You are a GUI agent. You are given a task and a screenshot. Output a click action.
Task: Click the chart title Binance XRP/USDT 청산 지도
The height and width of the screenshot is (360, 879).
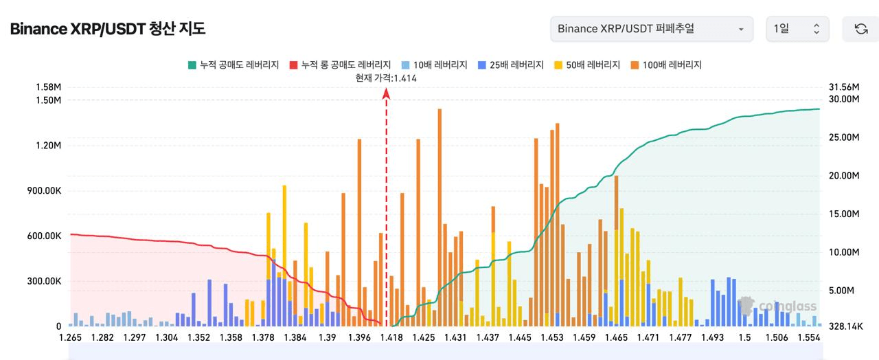pos(107,29)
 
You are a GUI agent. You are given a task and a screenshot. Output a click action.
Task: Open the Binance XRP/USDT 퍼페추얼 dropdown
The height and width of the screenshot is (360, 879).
pos(651,29)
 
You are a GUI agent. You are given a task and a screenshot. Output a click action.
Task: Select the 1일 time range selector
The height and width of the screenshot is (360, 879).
pos(797,29)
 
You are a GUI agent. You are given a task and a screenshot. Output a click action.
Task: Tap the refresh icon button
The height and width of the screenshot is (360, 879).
pos(860,29)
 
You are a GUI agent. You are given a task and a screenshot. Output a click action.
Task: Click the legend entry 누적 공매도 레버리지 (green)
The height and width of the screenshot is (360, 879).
pos(233,65)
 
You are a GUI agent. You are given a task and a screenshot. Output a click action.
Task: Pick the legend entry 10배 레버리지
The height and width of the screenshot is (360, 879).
pos(434,65)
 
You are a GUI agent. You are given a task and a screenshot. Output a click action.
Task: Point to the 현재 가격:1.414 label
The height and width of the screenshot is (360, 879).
pos(386,78)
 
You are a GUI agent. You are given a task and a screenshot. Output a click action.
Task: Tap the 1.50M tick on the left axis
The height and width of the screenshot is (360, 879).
pos(48,100)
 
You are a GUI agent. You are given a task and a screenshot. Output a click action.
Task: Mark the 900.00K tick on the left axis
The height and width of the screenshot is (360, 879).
pos(44,190)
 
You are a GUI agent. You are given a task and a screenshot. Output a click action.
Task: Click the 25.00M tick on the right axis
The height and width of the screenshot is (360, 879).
pos(845,137)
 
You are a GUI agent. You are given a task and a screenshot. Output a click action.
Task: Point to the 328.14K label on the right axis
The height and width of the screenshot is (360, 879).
pos(845,326)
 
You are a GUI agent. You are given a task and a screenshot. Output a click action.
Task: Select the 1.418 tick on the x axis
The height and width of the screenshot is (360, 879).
pos(391,337)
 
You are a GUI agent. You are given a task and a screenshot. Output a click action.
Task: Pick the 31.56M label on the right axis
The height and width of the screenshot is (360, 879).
pos(845,87)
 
